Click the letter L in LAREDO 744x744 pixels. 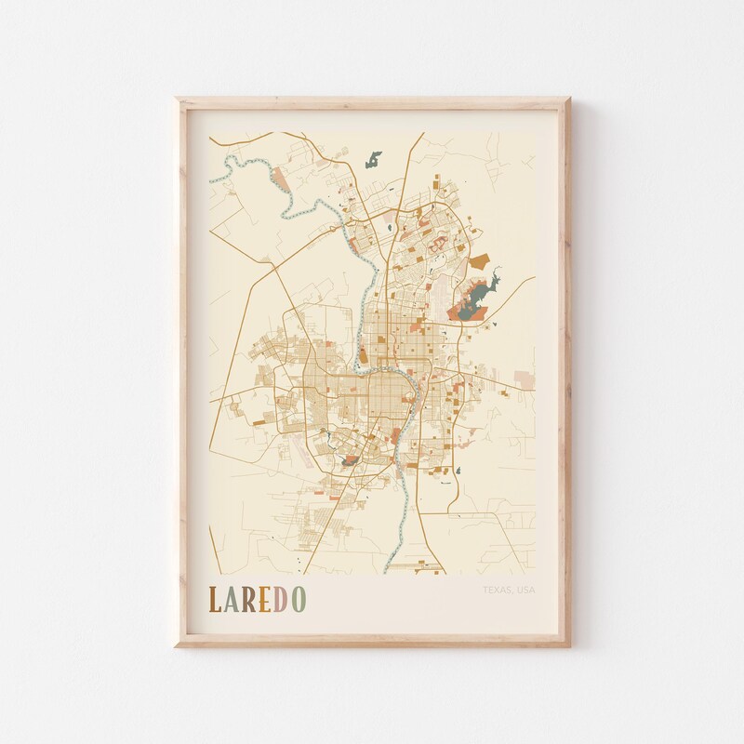coord(215,601)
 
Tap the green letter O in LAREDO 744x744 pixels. coord(297,601)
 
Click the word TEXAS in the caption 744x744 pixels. coord(498,590)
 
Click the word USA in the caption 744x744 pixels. coord(526,590)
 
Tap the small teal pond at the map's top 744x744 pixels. coord(374,159)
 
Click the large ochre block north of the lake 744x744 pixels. coord(477,263)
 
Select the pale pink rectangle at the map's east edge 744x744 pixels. coord(525,379)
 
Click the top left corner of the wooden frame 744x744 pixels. coord(178,98)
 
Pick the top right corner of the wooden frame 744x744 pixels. coord(568,98)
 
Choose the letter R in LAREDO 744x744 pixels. coord(247,601)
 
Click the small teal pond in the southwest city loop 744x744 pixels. coord(351,458)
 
